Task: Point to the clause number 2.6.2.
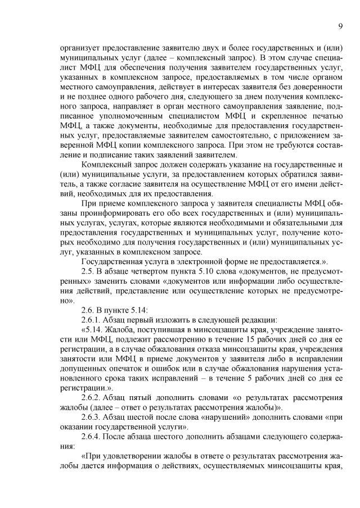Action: (x=92, y=397)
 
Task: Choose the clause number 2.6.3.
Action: (x=92, y=417)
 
